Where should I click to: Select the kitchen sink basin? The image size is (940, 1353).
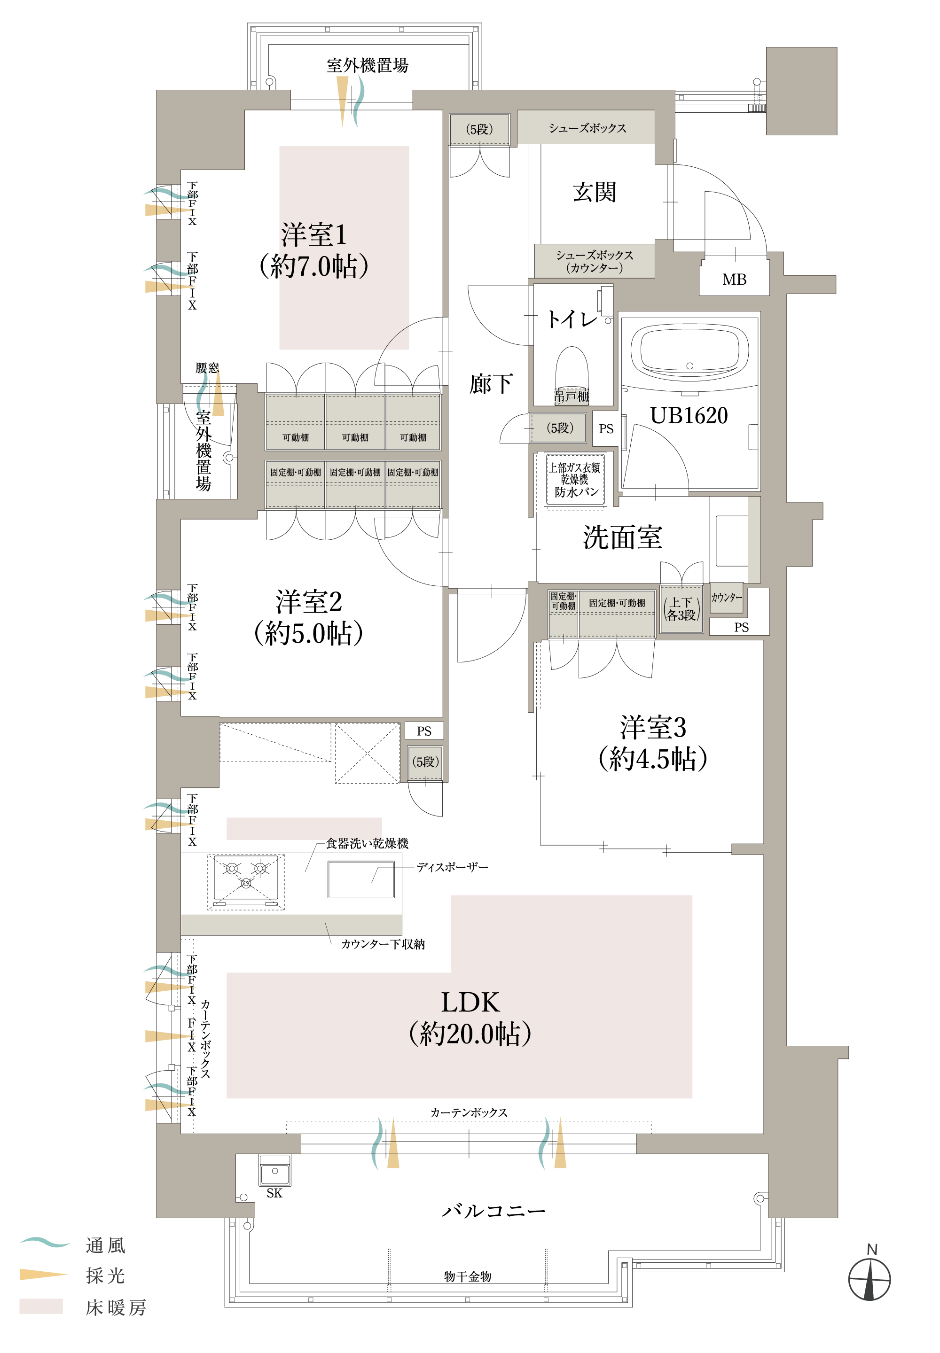[x=361, y=879]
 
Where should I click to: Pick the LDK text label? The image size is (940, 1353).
[x=470, y=1002]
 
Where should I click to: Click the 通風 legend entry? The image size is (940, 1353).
[x=74, y=1245]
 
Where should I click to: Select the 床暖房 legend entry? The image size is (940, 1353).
[x=82, y=1307]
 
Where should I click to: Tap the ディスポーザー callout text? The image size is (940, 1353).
[x=452, y=867]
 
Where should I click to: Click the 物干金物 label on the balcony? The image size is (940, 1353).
[x=468, y=1276]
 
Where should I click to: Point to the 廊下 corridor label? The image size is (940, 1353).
[x=491, y=384]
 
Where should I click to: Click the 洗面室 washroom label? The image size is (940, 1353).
[x=623, y=537]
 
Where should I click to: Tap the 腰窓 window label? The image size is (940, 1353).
[x=207, y=368]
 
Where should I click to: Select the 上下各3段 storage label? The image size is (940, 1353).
[x=681, y=609]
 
